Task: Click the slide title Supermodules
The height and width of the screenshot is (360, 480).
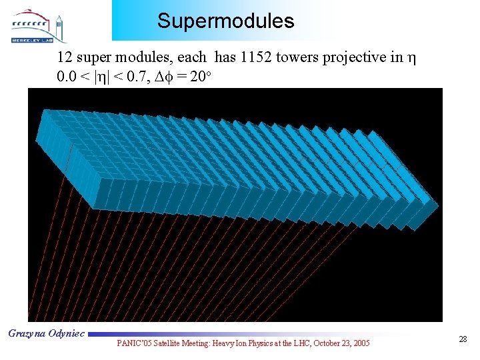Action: (x=225, y=21)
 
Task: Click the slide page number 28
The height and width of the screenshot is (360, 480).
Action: (x=463, y=340)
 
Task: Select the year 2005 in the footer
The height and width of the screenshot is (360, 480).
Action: (x=361, y=343)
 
